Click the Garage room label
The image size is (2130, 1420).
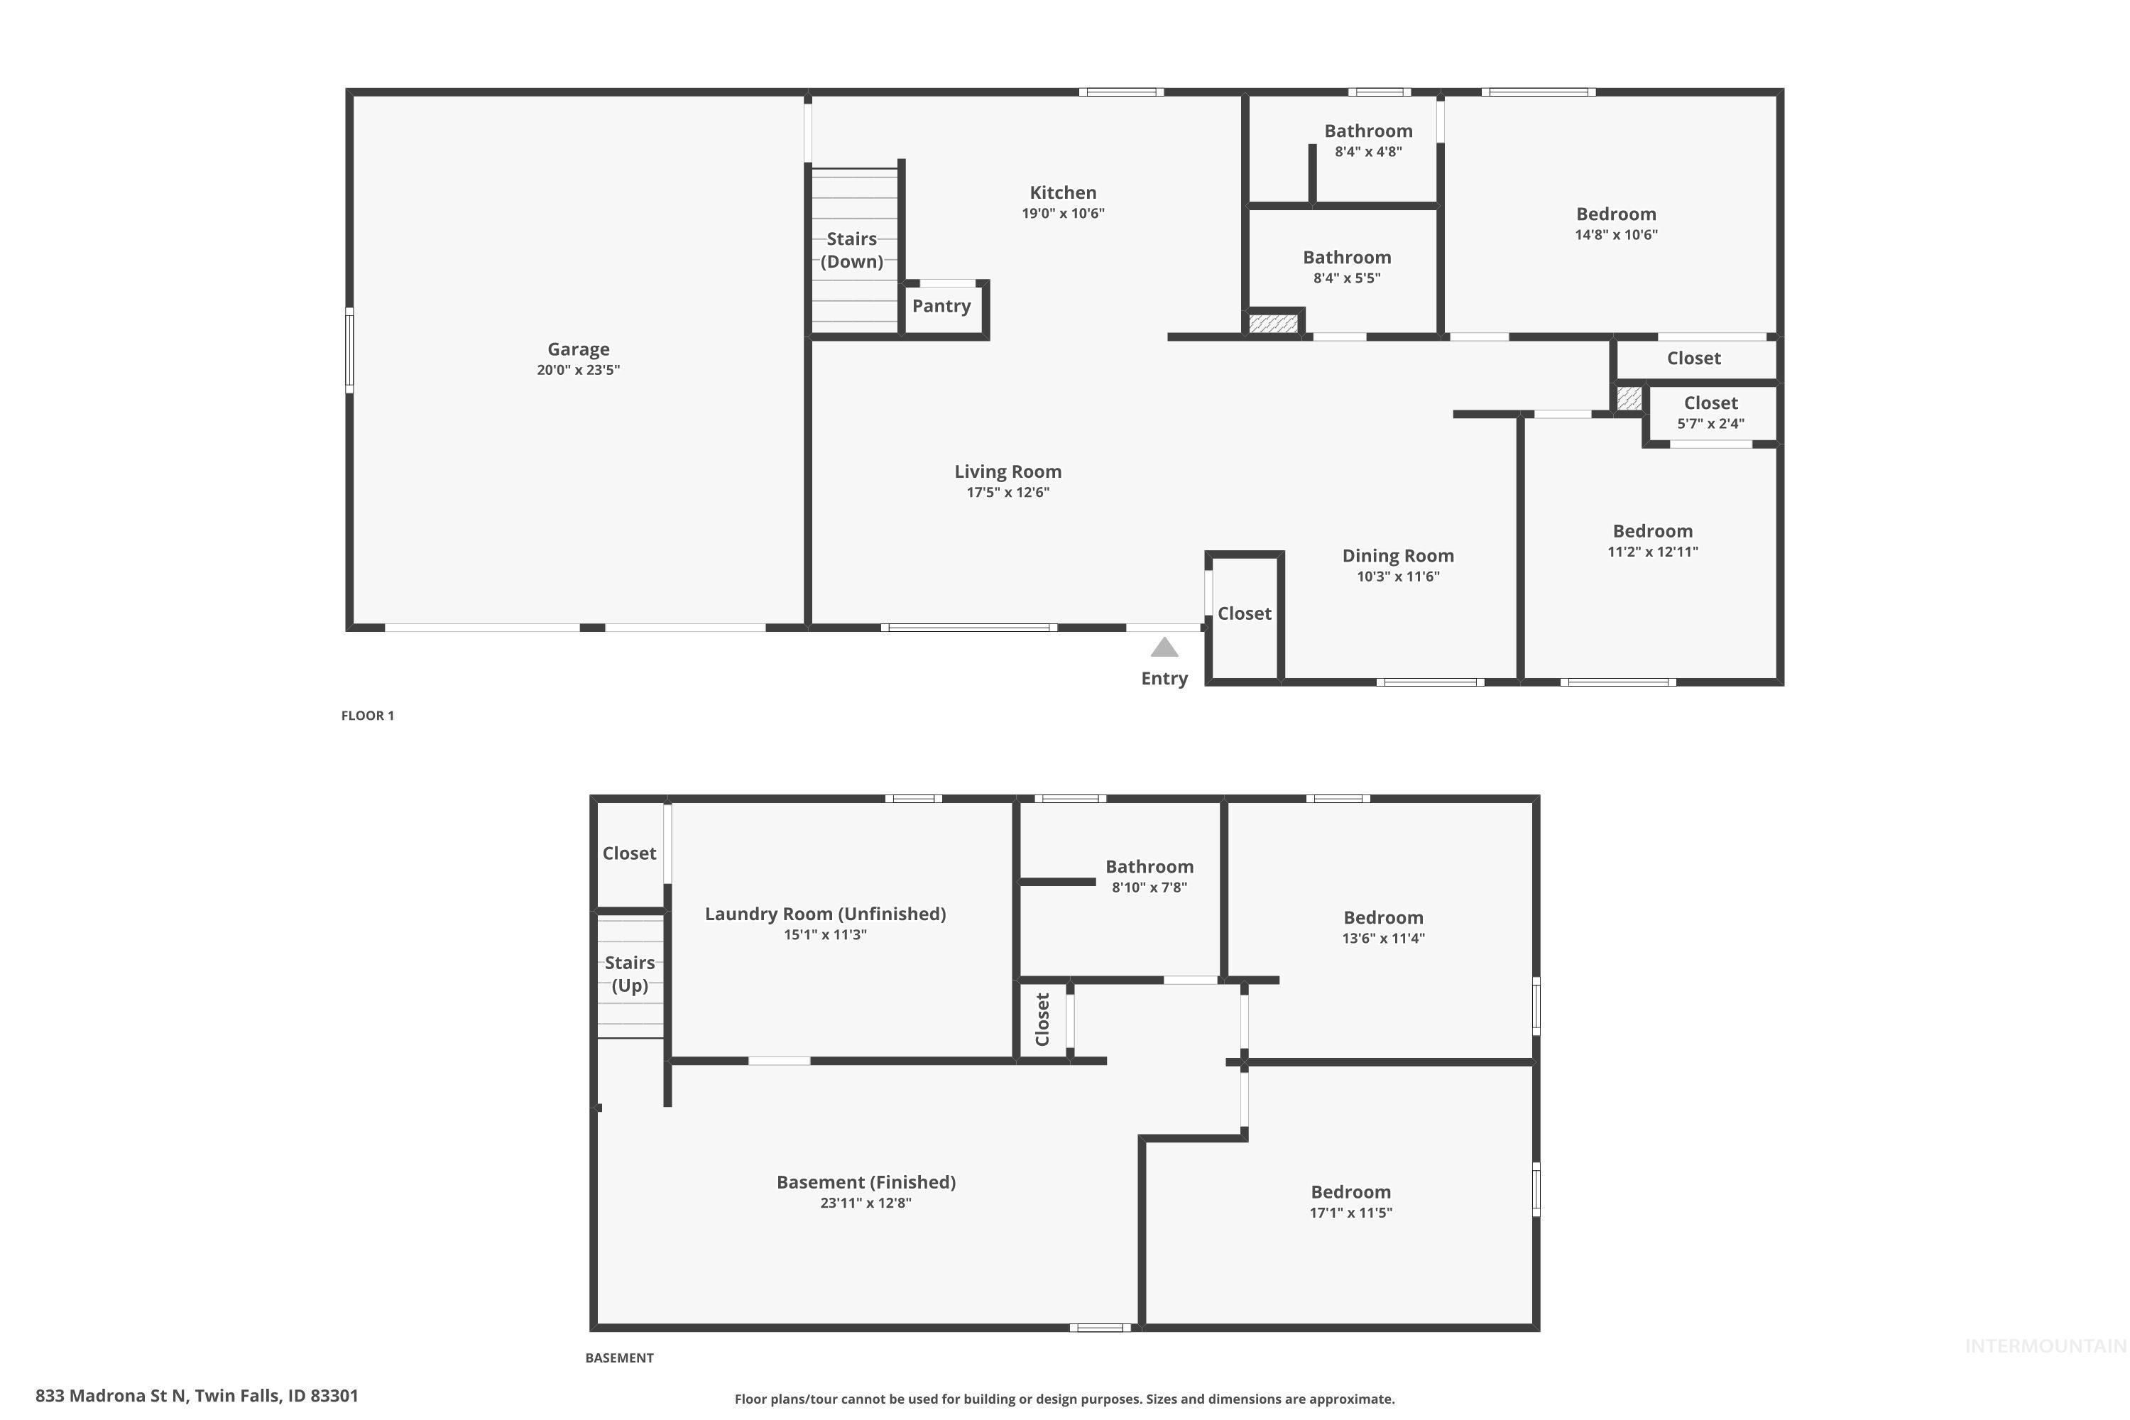coord(578,349)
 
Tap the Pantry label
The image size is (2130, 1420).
coord(941,306)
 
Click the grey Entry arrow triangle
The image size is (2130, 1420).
coord(1164,648)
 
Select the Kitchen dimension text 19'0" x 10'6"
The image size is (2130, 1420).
coord(1063,214)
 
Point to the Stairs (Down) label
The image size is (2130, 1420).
coord(851,250)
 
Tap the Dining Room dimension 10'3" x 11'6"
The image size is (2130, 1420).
coord(1397,577)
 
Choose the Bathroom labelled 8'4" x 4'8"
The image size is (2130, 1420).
coord(1367,131)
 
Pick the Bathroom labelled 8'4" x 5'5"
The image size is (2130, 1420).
coord(1347,258)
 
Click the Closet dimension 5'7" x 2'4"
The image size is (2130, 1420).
coord(1710,424)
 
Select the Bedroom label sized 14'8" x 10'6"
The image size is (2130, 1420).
coord(1616,214)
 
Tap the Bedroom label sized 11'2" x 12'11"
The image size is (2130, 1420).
coord(1652,532)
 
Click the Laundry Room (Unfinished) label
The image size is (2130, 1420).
coord(825,914)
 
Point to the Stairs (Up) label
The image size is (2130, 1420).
coord(629,973)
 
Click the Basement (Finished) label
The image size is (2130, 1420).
coord(865,1182)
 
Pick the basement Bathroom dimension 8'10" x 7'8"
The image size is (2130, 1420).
coord(1149,887)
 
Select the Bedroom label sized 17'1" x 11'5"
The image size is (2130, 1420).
coord(1350,1193)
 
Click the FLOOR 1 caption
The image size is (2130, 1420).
coord(367,716)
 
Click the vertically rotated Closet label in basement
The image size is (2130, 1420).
coord(1042,1019)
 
